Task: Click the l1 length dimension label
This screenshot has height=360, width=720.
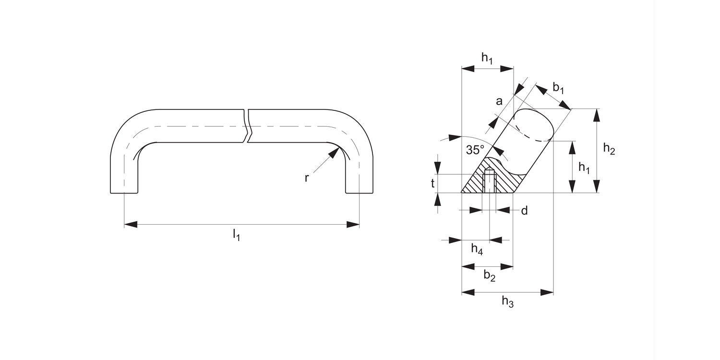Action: click(236, 235)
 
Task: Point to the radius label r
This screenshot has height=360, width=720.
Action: click(307, 178)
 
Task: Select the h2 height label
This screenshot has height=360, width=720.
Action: click(609, 149)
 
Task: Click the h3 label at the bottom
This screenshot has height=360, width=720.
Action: click(507, 301)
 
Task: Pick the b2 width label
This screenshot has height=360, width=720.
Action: click(489, 276)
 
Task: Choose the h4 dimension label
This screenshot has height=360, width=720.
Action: click(477, 249)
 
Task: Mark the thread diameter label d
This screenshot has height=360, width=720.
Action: click(524, 210)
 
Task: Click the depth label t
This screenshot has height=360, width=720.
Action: click(432, 183)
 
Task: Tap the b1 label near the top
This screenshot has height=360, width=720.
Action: click(558, 88)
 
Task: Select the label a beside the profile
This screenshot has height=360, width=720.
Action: click(499, 101)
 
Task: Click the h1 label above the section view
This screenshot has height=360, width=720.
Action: click(487, 58)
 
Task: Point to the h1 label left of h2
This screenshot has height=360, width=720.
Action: click(584, 167)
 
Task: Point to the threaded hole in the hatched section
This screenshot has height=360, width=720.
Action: click(489, 181)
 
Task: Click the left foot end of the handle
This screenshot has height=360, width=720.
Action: click(124, 192)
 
